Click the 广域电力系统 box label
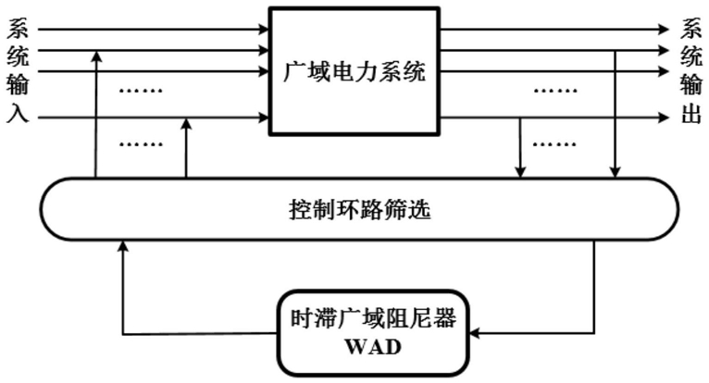[354, 71]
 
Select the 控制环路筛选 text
[359, 209]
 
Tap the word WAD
[373, 347]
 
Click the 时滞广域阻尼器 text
[373, 319]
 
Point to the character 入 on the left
[18, 113]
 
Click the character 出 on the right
[690, 113]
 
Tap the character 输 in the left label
[18, 84]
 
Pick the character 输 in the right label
[690, 84]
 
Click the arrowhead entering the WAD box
[474, 334]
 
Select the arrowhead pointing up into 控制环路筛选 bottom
[123, 245]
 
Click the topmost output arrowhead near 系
[664, 30]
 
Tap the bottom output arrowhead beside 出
[664, 118]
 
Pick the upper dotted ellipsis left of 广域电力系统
[141, 91]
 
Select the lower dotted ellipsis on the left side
[141, 144]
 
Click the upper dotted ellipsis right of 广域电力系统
[555, 91]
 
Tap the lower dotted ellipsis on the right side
[554, 144]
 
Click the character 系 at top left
[18, 28]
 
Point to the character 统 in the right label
[690, 56]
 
